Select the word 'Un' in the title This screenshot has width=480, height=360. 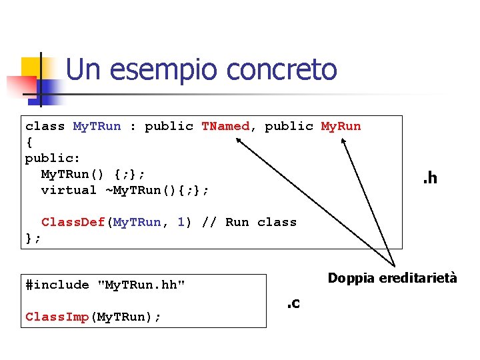(83, 69)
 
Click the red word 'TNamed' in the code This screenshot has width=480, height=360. (225, 126)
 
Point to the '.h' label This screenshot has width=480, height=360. (429, 177)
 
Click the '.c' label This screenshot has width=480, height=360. (293, 304)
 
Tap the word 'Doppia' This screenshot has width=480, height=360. (350, 278)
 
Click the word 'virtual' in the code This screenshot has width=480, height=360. (69, 190)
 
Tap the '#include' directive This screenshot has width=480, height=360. (57, 285)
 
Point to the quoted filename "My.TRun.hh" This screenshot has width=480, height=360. (141, 285)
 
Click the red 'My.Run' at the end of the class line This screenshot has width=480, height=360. (341, 126)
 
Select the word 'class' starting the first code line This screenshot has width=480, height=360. (45, 126)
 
